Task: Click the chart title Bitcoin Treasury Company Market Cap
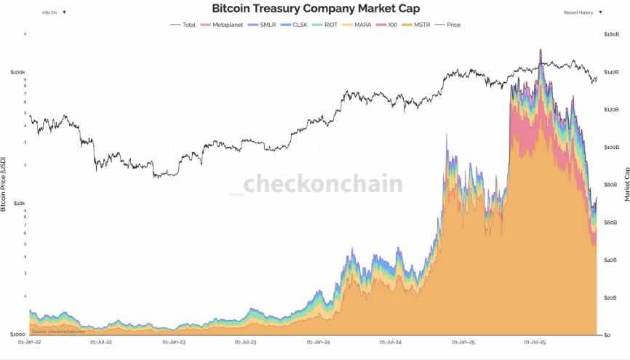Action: coord(314,8)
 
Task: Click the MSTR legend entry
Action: coord(419,25)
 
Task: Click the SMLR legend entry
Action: coord(263,25)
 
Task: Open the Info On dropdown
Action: coord(54,12)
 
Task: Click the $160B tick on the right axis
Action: coord(611,34)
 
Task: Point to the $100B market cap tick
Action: coord(611,147)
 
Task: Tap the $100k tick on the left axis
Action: coord(18,73)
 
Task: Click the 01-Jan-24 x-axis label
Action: coord(319,340)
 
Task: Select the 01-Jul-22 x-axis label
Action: coord(103,340)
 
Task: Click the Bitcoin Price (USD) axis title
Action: coord(4,184)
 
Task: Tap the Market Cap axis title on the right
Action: coord(626,184)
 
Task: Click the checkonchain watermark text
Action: coord(322,183)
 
